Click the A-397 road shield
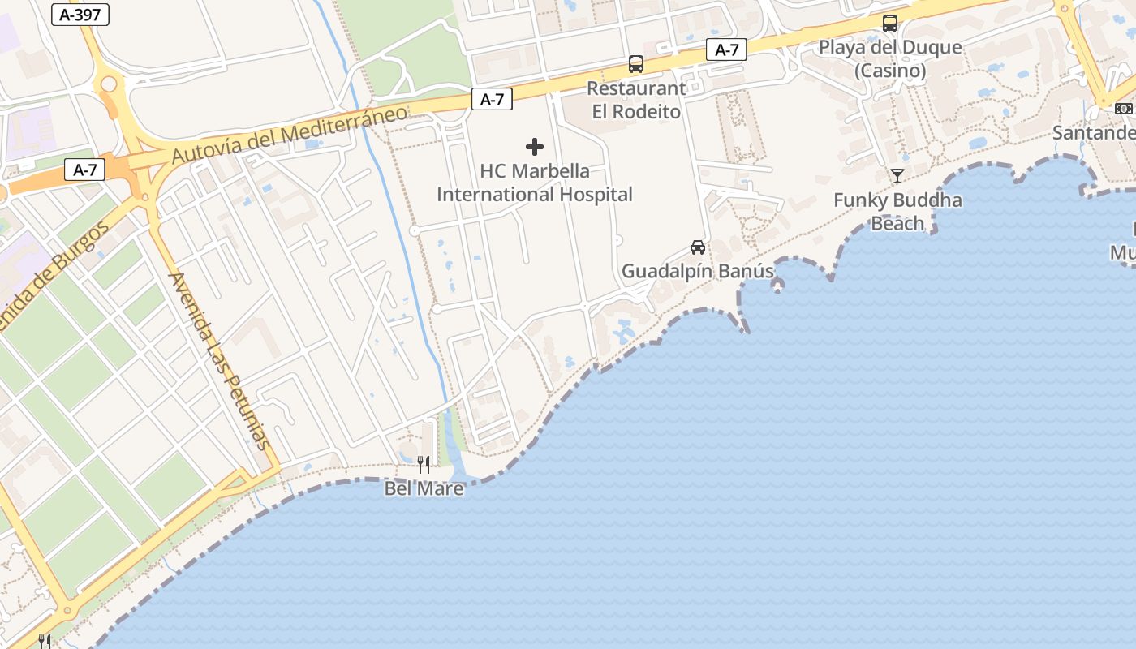point(80,14)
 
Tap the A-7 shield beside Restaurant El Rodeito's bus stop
point(726,49)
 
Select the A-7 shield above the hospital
point(492,99)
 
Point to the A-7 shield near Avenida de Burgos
point(84,170)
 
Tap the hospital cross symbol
point(535,147)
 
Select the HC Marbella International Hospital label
point(535,183)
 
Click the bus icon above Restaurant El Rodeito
point(636,63)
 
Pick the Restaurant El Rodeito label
point(636,100)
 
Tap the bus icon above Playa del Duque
point(890,23)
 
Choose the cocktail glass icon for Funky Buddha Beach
point(897,175)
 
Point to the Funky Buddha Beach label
point(897,211)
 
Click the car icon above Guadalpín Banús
point(697,247)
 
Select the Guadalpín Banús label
point(697,271)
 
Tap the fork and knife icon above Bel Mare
point(424,464)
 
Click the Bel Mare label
point(424,488)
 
